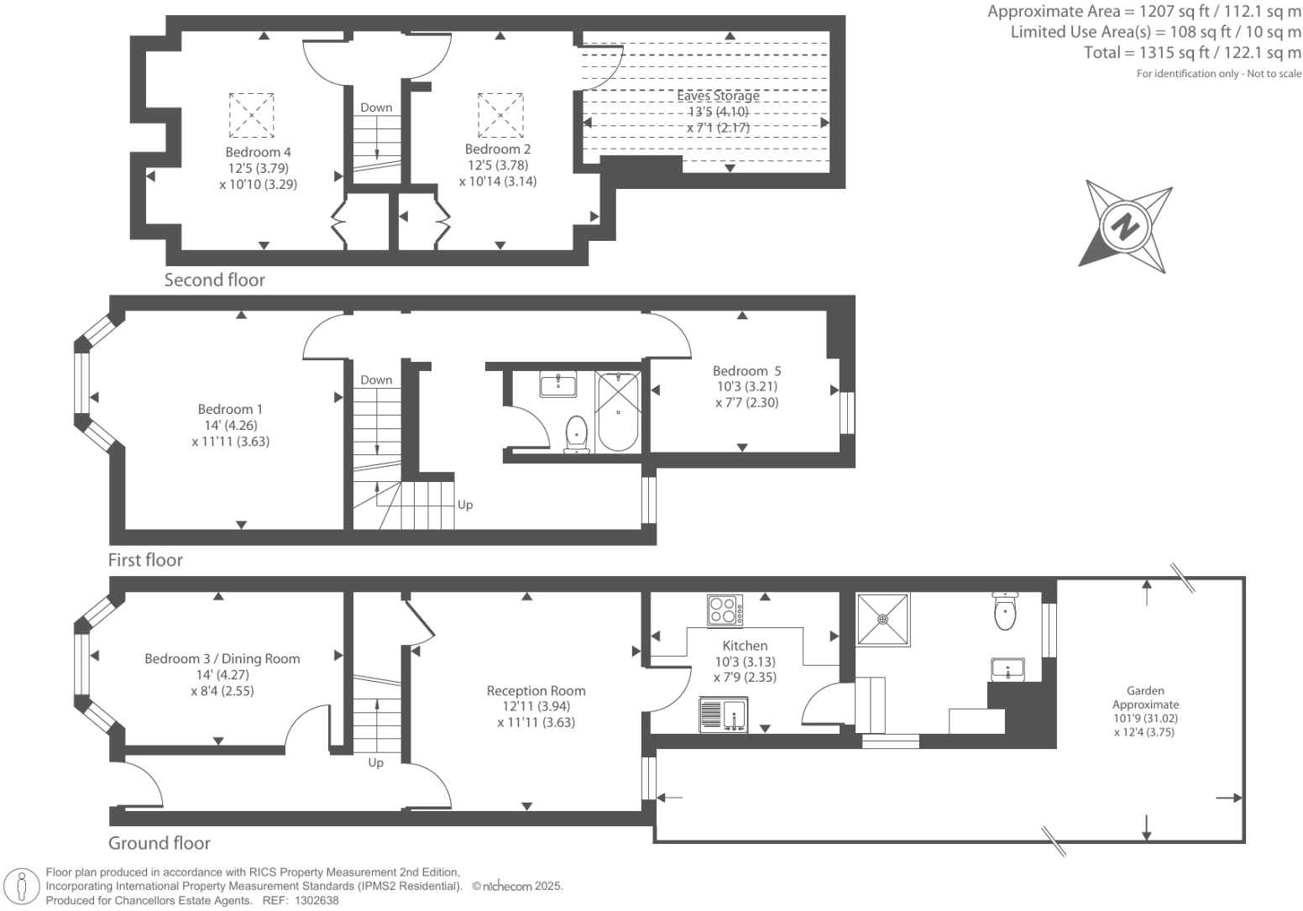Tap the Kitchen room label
tap(745, 645)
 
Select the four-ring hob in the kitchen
tap(725, 610)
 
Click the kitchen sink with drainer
tap(723, 715)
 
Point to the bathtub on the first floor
tap(618, 412)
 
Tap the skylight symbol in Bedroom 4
tap(251, 115)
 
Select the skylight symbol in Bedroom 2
tap(500, 115)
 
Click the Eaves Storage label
tap(718, 96)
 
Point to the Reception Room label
tap(536, 690)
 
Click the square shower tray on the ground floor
tap(882, 620)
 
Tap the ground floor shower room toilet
tap(1005, 610)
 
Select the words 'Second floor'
tap(215, 280)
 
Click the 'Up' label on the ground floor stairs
tap(376, 762)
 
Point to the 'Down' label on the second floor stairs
tap(376, 107)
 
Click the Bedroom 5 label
tap(747, 370)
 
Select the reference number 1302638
tap(317, 901)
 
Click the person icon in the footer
tap(22, 887)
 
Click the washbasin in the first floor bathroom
tap(557, 385)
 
